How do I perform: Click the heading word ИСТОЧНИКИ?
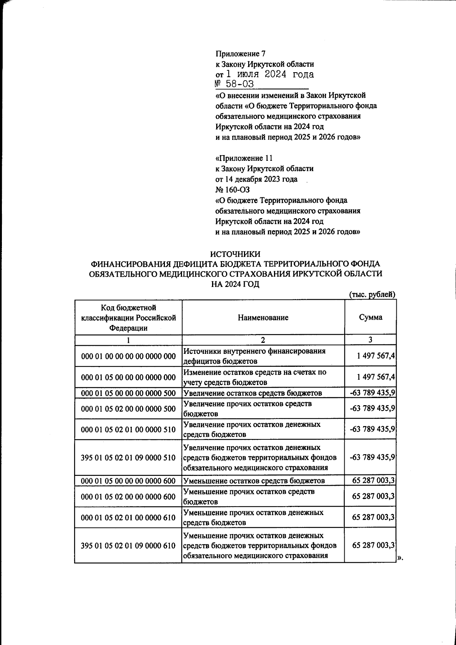(x=236, y=254)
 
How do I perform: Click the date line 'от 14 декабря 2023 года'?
(x=256, y=179)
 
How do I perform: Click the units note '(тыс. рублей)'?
(x=372, y=294)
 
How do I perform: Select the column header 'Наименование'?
(x=263, y=317)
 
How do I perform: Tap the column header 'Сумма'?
(x=370, y=317)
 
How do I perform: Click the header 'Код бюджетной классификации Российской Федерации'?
(x=128, y=317)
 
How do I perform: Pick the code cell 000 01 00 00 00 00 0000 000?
(x=128, y=356)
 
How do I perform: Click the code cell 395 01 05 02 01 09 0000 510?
(x=128, y=458)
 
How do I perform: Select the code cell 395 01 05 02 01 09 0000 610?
(x=128, y=546)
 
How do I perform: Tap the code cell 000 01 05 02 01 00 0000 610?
(x=128, y=518)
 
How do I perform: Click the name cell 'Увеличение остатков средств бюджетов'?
(x=253, y=393)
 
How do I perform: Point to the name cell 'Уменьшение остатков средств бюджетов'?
(x=254, y=481)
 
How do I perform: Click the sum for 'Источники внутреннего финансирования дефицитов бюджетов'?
(x=376, y=356)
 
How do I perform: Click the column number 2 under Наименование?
(x=263, y=340)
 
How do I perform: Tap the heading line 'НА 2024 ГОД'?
(x=235, y=284)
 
